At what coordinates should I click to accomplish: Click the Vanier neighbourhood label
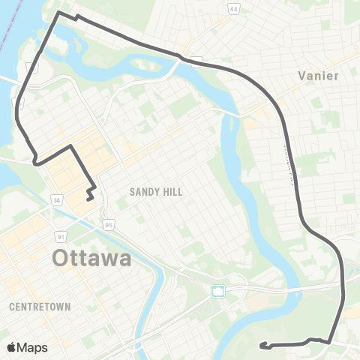318,76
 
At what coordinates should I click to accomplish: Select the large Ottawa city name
91,259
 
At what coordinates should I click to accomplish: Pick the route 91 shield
61,237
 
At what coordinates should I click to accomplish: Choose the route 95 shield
109,224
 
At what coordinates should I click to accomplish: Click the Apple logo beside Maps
12,348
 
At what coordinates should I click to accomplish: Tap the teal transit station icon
218,291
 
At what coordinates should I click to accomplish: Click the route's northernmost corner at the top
59,13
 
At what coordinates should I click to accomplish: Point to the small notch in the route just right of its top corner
77,16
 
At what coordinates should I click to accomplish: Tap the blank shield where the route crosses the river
196,60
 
